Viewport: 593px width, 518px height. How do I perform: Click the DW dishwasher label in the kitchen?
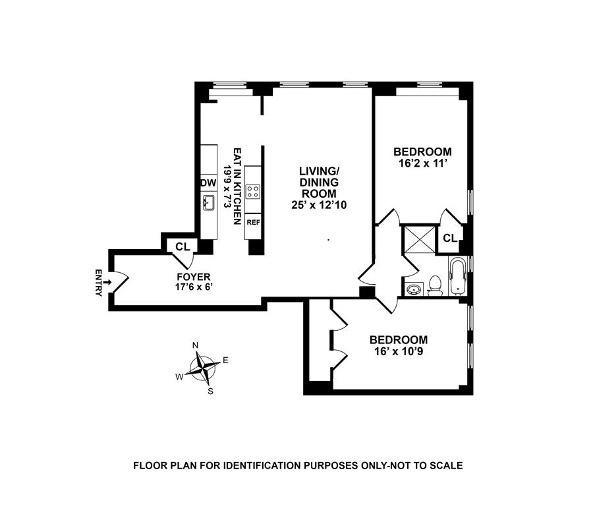(208, 183)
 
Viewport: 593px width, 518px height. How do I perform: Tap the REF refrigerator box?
(253, 222)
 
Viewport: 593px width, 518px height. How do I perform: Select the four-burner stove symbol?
(253, 191)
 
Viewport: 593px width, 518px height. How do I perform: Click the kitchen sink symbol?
(209, 203)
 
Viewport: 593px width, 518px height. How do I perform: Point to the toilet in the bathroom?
(434, 285)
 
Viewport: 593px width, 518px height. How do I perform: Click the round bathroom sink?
(414, 288)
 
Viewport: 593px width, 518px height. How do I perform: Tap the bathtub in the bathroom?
(458, 276)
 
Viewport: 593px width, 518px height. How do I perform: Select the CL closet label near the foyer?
(183, 247)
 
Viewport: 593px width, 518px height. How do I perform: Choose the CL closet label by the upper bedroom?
(450, 238)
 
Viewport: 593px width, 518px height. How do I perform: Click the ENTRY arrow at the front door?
(106, 282)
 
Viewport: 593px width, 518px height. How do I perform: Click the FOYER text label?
(193, 277)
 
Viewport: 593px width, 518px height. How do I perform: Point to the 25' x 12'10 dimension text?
(319, 205)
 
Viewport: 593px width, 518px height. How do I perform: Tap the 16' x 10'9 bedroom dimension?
(397, 351)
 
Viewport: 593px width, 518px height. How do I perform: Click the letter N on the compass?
(195, 345)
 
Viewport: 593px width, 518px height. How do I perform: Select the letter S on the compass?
(211, 391)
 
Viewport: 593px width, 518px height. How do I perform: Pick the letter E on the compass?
(225, 360)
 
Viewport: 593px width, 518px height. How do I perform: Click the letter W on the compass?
(179, 376)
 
